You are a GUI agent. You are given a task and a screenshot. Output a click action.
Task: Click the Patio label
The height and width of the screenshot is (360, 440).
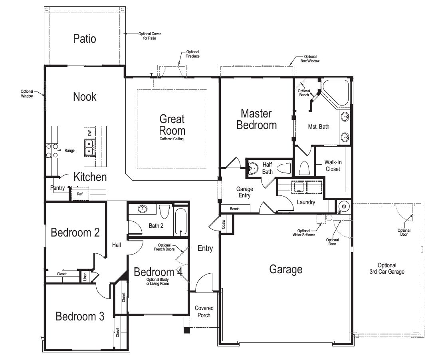point(85,39)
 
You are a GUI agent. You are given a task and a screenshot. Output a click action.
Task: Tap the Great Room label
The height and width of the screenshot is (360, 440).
point(172,125)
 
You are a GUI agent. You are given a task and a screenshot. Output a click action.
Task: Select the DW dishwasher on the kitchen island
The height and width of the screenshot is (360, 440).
point(90,133)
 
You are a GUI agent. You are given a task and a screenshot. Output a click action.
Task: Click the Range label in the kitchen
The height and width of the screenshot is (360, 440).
point(69,151)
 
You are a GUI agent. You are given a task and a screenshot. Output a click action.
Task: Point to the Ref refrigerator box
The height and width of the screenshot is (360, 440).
point(80,194)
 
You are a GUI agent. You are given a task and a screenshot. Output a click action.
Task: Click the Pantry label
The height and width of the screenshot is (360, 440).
point(57,187)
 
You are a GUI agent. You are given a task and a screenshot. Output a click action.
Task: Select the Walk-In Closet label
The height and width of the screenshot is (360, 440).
point(333,166)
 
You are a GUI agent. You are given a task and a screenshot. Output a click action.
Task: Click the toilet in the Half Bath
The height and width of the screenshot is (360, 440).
point(284,169)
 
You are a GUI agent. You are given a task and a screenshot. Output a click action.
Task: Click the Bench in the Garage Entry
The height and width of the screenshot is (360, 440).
point(235,209)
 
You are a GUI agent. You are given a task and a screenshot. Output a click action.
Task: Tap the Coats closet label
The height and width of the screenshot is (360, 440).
point(224,225)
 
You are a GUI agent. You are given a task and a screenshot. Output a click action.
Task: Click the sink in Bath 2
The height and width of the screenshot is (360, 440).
point(143,209)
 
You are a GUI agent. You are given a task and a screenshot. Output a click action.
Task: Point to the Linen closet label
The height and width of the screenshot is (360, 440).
point(85,276)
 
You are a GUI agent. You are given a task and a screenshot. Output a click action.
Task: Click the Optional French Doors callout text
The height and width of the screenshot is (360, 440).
point(165,247)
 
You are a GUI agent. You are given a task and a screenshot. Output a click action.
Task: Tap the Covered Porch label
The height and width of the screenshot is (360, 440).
point(204,312)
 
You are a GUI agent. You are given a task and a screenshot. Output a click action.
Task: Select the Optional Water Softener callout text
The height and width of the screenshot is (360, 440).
point(304,233)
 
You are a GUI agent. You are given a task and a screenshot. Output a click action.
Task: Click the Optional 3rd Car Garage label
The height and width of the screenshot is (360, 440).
point(387,269)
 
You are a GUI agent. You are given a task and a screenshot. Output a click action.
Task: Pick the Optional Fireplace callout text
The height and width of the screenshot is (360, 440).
point(192,54)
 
